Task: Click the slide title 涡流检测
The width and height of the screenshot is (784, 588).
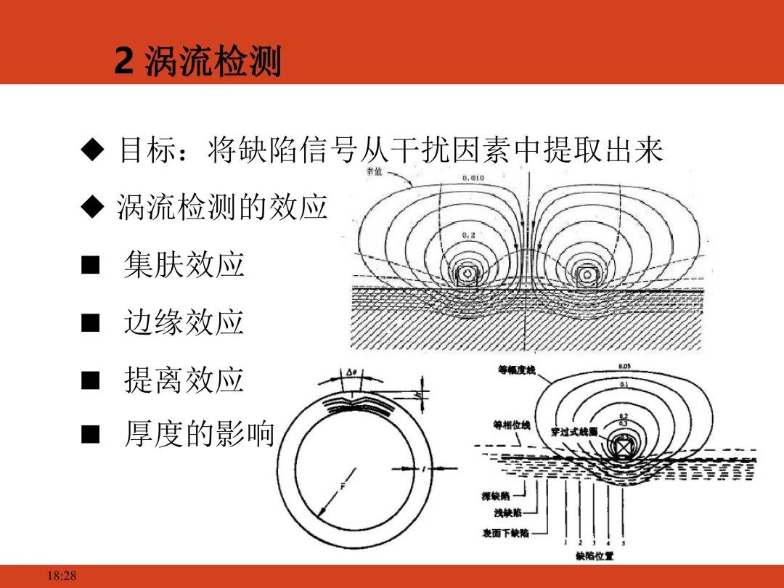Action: pos(213,62)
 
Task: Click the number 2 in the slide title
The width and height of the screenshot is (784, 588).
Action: pos(124,62)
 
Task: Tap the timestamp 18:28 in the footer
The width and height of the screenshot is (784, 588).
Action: pos(61,576)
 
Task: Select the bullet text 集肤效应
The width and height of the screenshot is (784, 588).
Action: pos(184,265)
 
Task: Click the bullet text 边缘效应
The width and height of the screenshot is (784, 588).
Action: pos(184,323)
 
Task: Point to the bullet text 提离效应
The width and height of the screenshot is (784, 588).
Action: pos(184,380)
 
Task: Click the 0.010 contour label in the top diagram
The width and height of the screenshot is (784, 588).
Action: pos(473,177)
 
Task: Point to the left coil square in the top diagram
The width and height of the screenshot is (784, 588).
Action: pos(466,274)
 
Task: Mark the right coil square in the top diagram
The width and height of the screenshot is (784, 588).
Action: pos(587,274)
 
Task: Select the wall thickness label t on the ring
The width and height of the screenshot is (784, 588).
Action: pos(422,469)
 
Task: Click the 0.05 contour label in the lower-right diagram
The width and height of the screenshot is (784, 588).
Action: pos(624,366)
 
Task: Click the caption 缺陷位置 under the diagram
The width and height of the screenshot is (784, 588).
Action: pos(595,556)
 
